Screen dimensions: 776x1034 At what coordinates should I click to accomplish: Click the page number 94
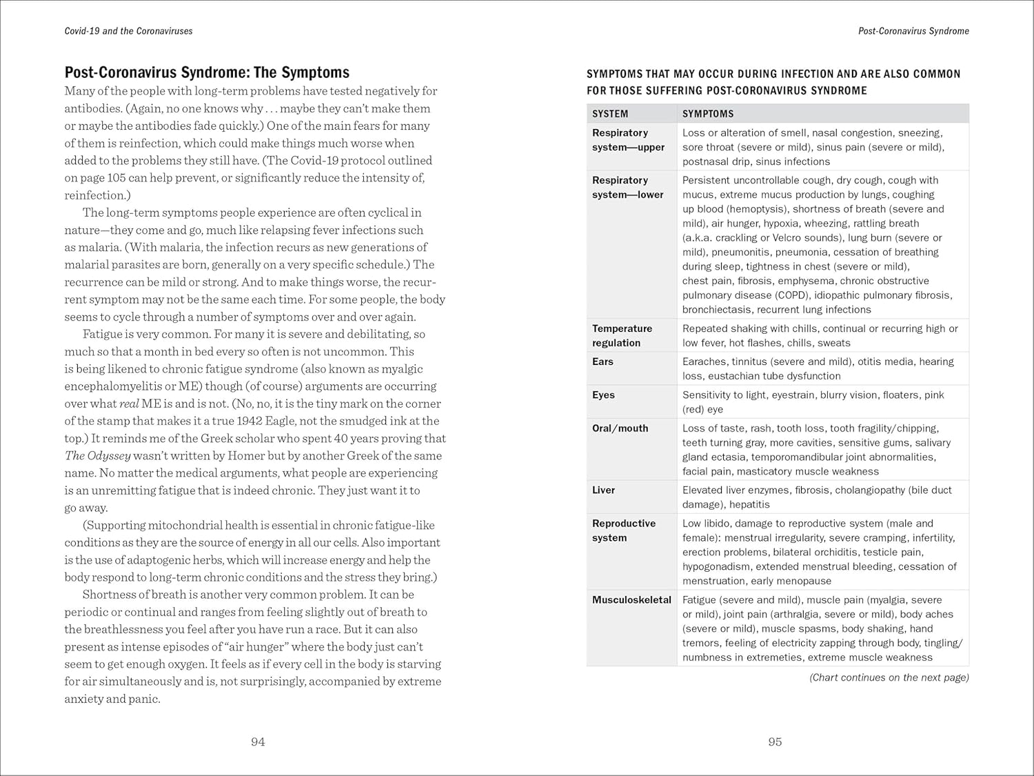point(258,742)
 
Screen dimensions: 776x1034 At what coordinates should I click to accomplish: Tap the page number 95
point(775,742)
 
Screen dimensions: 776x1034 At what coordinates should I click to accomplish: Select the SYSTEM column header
point(610,114)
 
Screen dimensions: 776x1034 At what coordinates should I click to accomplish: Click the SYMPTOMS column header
point(708,114)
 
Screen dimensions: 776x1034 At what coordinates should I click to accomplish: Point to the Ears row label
point(602,361)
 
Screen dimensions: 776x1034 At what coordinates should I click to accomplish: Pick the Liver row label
point(603,490)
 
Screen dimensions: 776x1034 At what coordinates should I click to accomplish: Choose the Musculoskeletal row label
point(631,599)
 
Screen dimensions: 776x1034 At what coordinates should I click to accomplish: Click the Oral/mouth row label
point(620,428)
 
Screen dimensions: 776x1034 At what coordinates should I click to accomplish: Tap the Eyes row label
point(603,395)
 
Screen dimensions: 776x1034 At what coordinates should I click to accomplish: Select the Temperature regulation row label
point(622,335)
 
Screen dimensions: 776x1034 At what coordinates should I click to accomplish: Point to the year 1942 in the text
point(249,421)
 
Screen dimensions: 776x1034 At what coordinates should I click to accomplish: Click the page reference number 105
point(114,178)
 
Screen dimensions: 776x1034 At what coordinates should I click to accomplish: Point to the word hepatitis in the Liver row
point(749,504)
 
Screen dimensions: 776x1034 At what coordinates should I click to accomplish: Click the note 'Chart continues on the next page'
point(889,677)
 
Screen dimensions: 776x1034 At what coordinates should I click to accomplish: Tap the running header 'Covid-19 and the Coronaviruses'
point(128,31)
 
